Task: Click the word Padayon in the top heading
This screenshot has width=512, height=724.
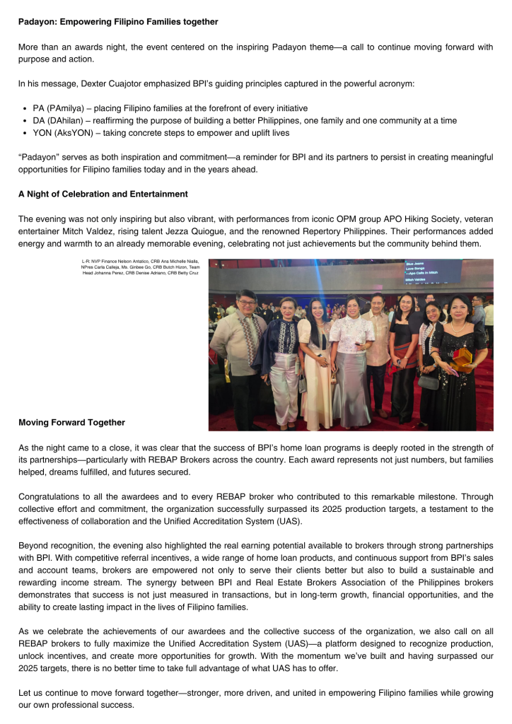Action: [x=37, y=22]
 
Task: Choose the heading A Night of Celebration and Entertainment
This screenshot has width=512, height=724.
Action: [x=103, y=194]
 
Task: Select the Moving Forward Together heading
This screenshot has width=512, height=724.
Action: [x=71, y=423]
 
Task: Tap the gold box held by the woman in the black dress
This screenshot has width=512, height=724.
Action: [x=461, y=358]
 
